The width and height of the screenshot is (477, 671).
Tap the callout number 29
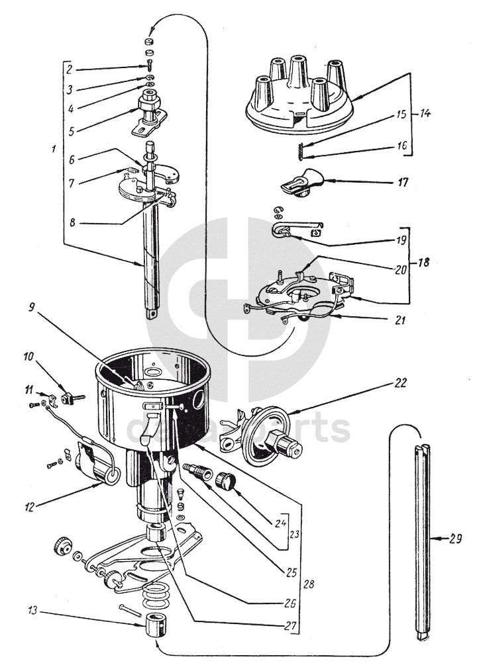454,539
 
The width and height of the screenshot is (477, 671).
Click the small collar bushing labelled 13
157,625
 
